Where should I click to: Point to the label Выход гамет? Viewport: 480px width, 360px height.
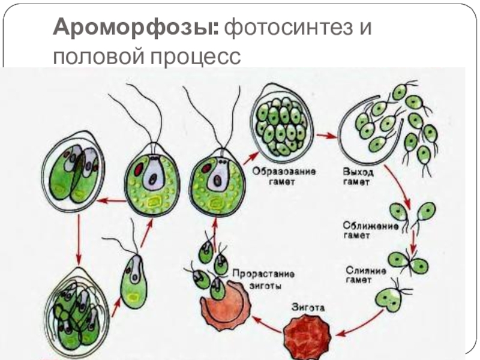coord(355,176)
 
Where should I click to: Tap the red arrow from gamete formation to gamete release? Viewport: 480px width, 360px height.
coord(326,136)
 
